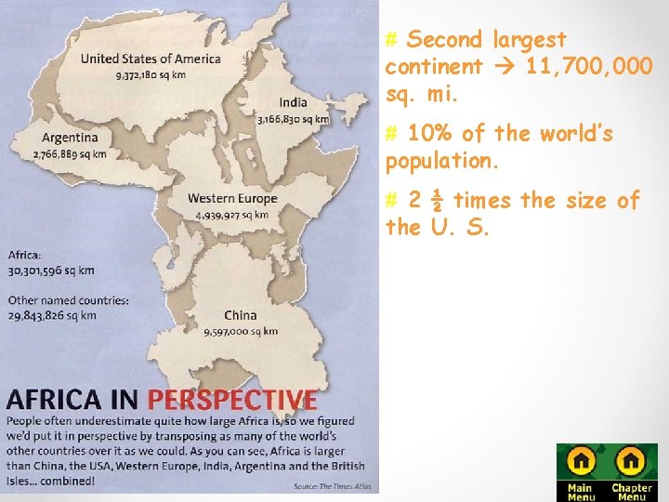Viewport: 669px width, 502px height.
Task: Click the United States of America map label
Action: pos(151,59)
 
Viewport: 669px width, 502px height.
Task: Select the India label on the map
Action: pos(293,102)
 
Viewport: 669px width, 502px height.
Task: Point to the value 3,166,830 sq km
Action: pos(293,119)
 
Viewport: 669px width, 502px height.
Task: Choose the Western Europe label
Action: pos(232,198)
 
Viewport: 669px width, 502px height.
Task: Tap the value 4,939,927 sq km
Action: pos(232,215)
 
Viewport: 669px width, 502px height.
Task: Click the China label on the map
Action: pos(240,316)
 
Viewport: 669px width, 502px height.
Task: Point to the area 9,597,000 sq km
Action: pos(241,331)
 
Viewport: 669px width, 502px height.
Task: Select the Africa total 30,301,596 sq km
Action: pos(51,271)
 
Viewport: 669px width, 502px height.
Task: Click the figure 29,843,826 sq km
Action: pos(52,315)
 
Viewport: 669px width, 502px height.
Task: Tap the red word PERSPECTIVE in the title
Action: pos(232,401)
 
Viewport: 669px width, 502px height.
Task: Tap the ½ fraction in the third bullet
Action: pos(438,201)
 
